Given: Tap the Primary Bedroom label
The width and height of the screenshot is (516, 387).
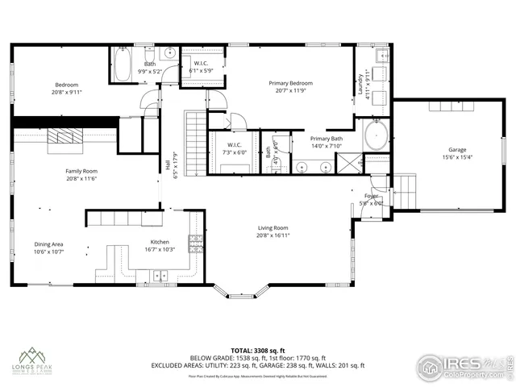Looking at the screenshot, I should (x=290, y=83).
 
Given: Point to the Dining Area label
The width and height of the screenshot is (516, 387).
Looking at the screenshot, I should (x=48, y=244).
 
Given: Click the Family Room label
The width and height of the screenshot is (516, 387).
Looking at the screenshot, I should (x=81, y=171).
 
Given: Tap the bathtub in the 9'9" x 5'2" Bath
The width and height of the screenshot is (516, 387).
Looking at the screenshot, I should (x=123, y=67).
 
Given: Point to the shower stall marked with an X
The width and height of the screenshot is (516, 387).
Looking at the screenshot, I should (x=350, y=165).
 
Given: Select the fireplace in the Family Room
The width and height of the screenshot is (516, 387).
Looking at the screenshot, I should (x=64, y=139).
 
